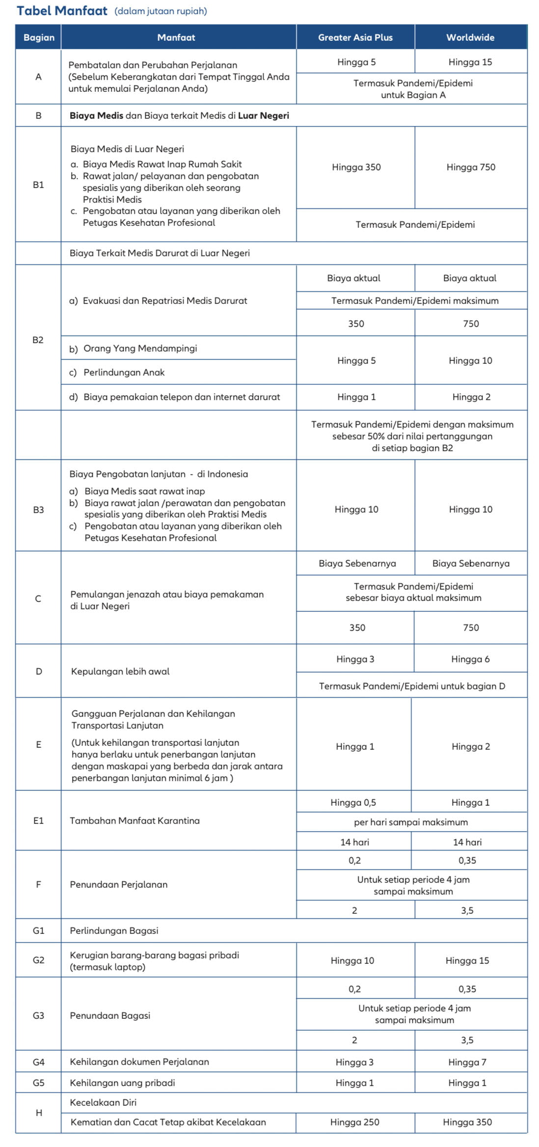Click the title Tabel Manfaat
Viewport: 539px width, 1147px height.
[x=62, y=11]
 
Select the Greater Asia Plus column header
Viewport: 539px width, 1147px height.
[x=355, y=37]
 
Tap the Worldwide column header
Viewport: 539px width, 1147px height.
[x=470, y=37]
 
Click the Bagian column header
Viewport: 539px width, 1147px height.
[x=39, y=37]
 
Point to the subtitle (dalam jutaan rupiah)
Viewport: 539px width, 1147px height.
[x=161, y=11]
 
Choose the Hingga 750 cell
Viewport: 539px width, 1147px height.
[x=470, y=167]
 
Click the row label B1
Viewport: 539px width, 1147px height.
[x=38, y=185]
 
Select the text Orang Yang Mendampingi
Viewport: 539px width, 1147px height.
[x=140, y=348]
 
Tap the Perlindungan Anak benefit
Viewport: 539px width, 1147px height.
[x=124, y=372]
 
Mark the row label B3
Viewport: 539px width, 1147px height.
[x=38, y=510]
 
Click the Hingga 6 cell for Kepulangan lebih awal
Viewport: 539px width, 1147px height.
[x=470, y=659]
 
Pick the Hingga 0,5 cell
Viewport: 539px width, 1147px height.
[x=353, y=802]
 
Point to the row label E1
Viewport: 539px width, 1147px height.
[x=38, y=820]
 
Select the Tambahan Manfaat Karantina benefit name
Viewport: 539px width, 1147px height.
[x=135, y=820]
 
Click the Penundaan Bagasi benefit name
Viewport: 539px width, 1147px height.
[x=110, y=1015]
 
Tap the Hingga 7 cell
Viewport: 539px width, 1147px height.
[x=467, y=1062]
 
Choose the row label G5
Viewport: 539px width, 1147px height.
[x=38, y=1083]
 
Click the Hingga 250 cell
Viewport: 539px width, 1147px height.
[x=354, y=1122]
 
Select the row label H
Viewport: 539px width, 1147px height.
[x=39, y=1113]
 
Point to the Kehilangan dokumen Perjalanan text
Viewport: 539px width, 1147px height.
[x=139, y=1062]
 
